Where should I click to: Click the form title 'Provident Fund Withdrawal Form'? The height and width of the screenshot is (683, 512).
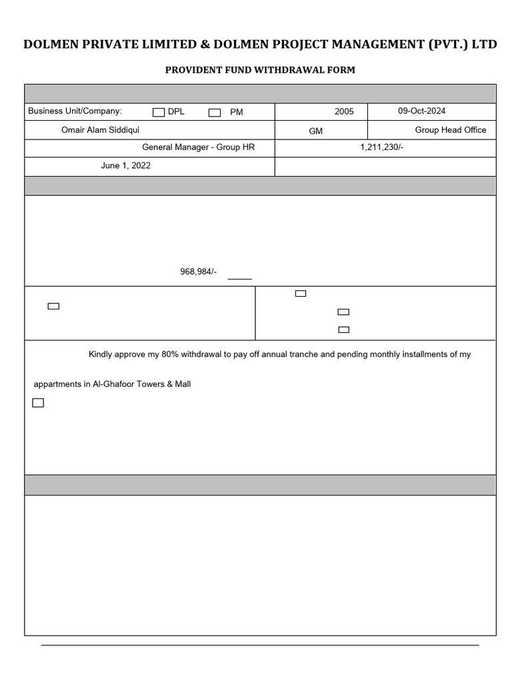[260, 70]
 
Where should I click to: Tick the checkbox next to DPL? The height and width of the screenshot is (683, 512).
[159, 113]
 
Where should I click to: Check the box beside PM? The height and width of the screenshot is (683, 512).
[214, 113]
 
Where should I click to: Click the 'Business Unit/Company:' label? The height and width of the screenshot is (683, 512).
[75, 111]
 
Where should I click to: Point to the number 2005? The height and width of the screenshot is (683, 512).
[344, 111]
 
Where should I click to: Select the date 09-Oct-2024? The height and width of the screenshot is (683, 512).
[421, 111]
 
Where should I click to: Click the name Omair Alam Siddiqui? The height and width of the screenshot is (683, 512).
[101, 130]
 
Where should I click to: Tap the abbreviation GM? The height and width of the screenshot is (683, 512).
[316, 131]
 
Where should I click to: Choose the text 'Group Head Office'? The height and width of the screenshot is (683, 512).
[451, 130]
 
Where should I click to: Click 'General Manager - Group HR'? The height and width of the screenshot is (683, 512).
[199, 147]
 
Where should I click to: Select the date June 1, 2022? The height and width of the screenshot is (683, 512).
[125, 166]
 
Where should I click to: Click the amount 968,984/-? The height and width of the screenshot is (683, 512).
[199, 271]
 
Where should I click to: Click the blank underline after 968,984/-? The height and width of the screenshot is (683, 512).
[239, 277]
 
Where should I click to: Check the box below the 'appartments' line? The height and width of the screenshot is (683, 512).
[38, 403]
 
